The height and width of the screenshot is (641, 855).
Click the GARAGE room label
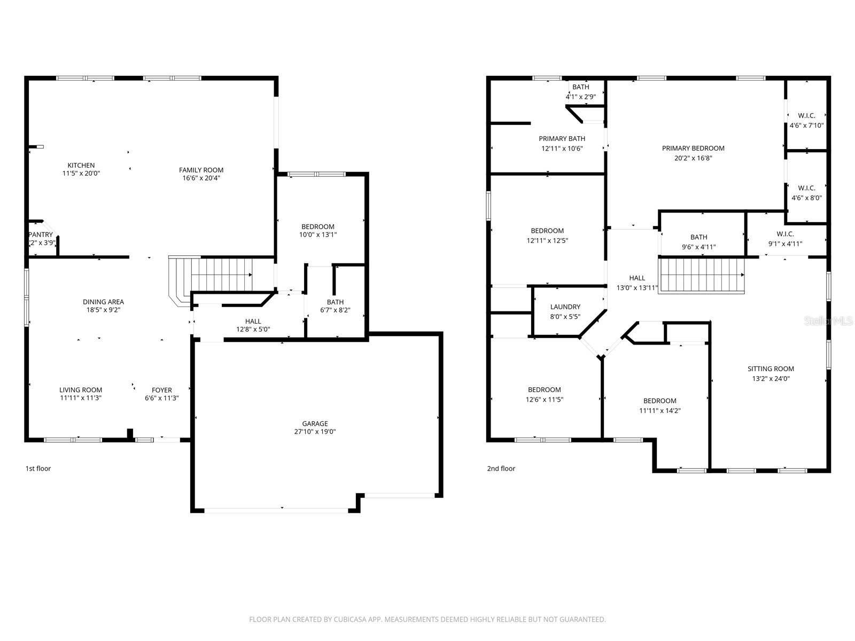click(315, 424)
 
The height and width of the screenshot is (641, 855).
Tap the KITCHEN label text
click(81, 165)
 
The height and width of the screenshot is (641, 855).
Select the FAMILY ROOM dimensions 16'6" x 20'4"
click(201, 178)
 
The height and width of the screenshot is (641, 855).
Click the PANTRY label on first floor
click(41, 234)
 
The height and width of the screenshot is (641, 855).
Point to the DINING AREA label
click(103, 302)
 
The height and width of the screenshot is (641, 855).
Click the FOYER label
click(161, 390)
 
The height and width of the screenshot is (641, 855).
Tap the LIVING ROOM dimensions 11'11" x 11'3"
click(81, 398)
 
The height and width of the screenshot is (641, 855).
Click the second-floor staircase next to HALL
click(702, 275)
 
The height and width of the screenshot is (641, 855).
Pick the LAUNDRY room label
click(565, 307)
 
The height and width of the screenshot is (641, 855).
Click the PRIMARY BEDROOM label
click(693, 148)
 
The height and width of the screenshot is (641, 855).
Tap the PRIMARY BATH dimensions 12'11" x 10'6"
click(562, 148)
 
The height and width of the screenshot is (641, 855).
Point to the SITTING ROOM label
click(771, 369)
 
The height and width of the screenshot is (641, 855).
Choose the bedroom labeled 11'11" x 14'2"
click(660, 405)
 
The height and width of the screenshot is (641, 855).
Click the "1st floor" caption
click(38, 468)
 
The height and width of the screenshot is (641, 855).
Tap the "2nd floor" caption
click(501, 468)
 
